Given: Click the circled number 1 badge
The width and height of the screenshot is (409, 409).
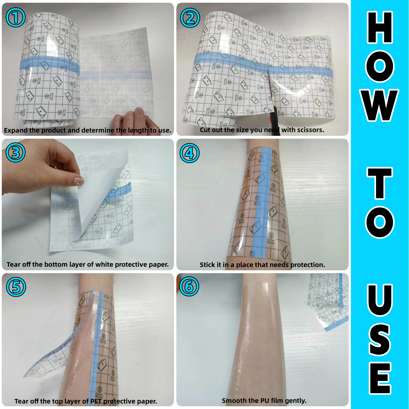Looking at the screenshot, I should tap(16, 17).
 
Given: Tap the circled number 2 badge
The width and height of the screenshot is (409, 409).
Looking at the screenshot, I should tap(190, 18).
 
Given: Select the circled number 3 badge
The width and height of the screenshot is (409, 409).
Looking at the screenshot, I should tap(16, 152).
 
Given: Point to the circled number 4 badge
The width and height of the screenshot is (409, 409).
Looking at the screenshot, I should tap(190, 153).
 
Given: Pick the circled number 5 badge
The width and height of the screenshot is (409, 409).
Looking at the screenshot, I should tap(16, 287).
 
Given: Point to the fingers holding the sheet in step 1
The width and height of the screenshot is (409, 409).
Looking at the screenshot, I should tap(131, 117).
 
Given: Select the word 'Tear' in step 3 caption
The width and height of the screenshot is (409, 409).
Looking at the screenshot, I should tap(13, 264).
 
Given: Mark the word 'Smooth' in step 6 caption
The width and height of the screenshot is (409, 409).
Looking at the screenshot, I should tap(232, 401).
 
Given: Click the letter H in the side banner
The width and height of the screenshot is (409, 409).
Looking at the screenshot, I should tap(380, 28).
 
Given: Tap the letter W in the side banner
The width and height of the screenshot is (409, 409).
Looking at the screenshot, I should tap(380, 105).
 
